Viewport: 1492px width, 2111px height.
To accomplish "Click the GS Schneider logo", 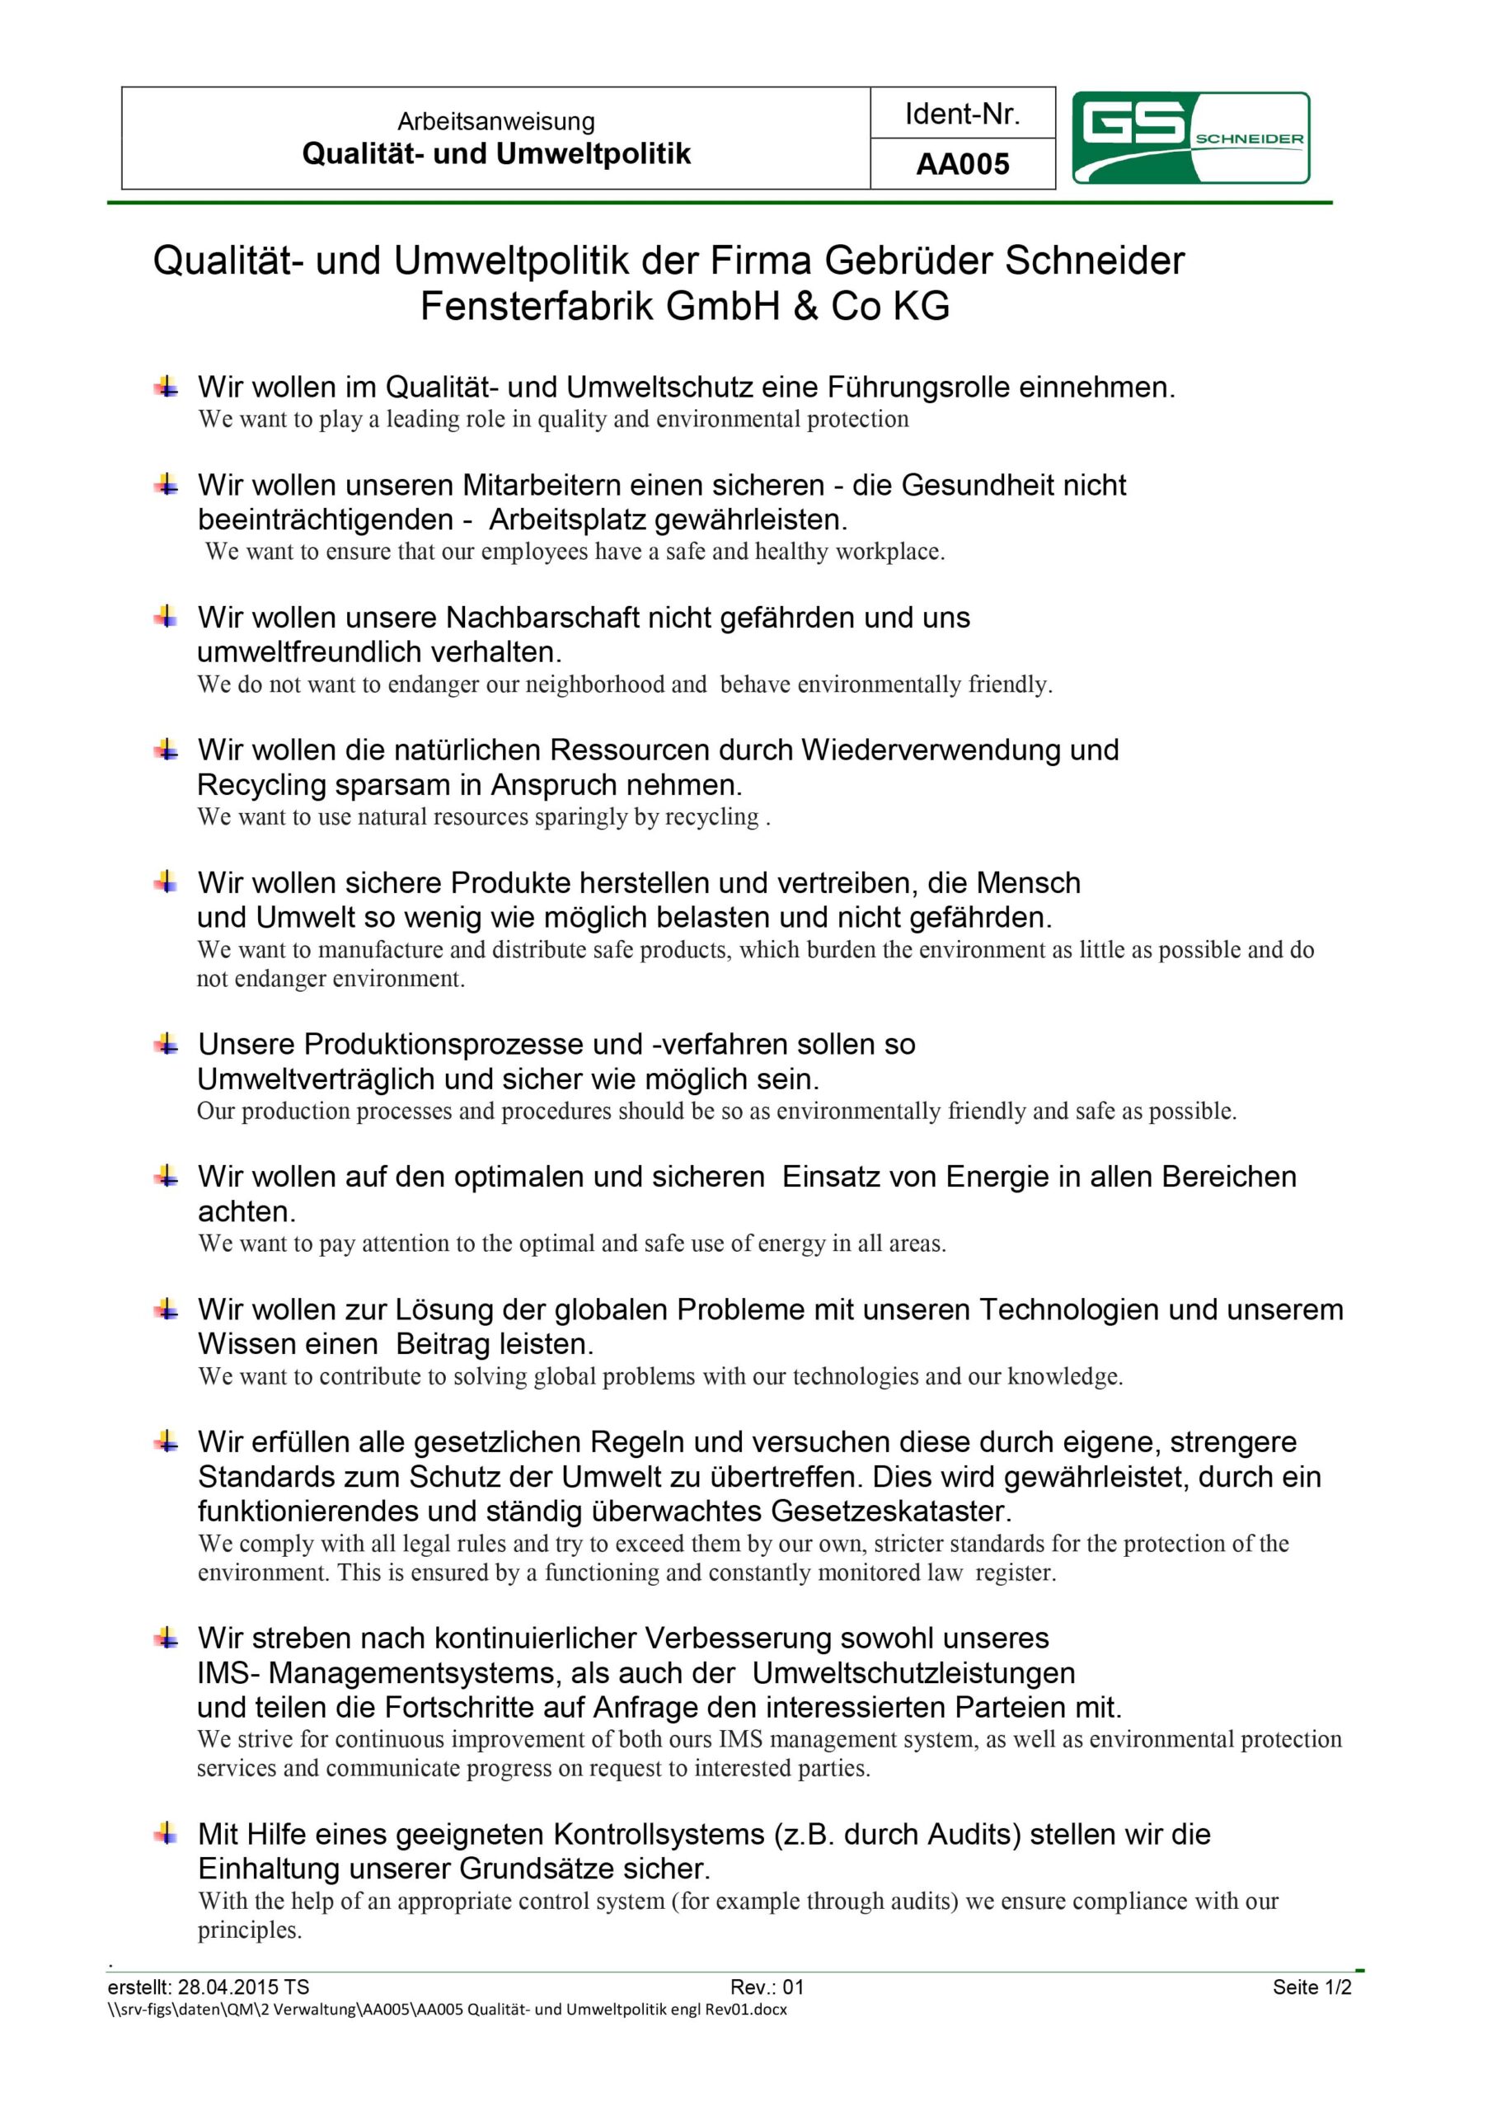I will (1190, 138).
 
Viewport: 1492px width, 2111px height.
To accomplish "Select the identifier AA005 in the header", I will (962, 165).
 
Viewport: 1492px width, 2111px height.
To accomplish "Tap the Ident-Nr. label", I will (962, 114).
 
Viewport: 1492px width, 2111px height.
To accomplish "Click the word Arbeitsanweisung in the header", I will (495, 121).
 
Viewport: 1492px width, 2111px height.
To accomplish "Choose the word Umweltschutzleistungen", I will (913, 1672).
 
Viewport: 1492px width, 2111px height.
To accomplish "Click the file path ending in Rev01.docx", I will (447, 2009).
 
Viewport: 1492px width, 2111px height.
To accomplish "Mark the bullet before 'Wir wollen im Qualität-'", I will (167, 386).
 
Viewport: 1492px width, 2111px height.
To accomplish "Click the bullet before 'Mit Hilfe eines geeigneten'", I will (167, 1833).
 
